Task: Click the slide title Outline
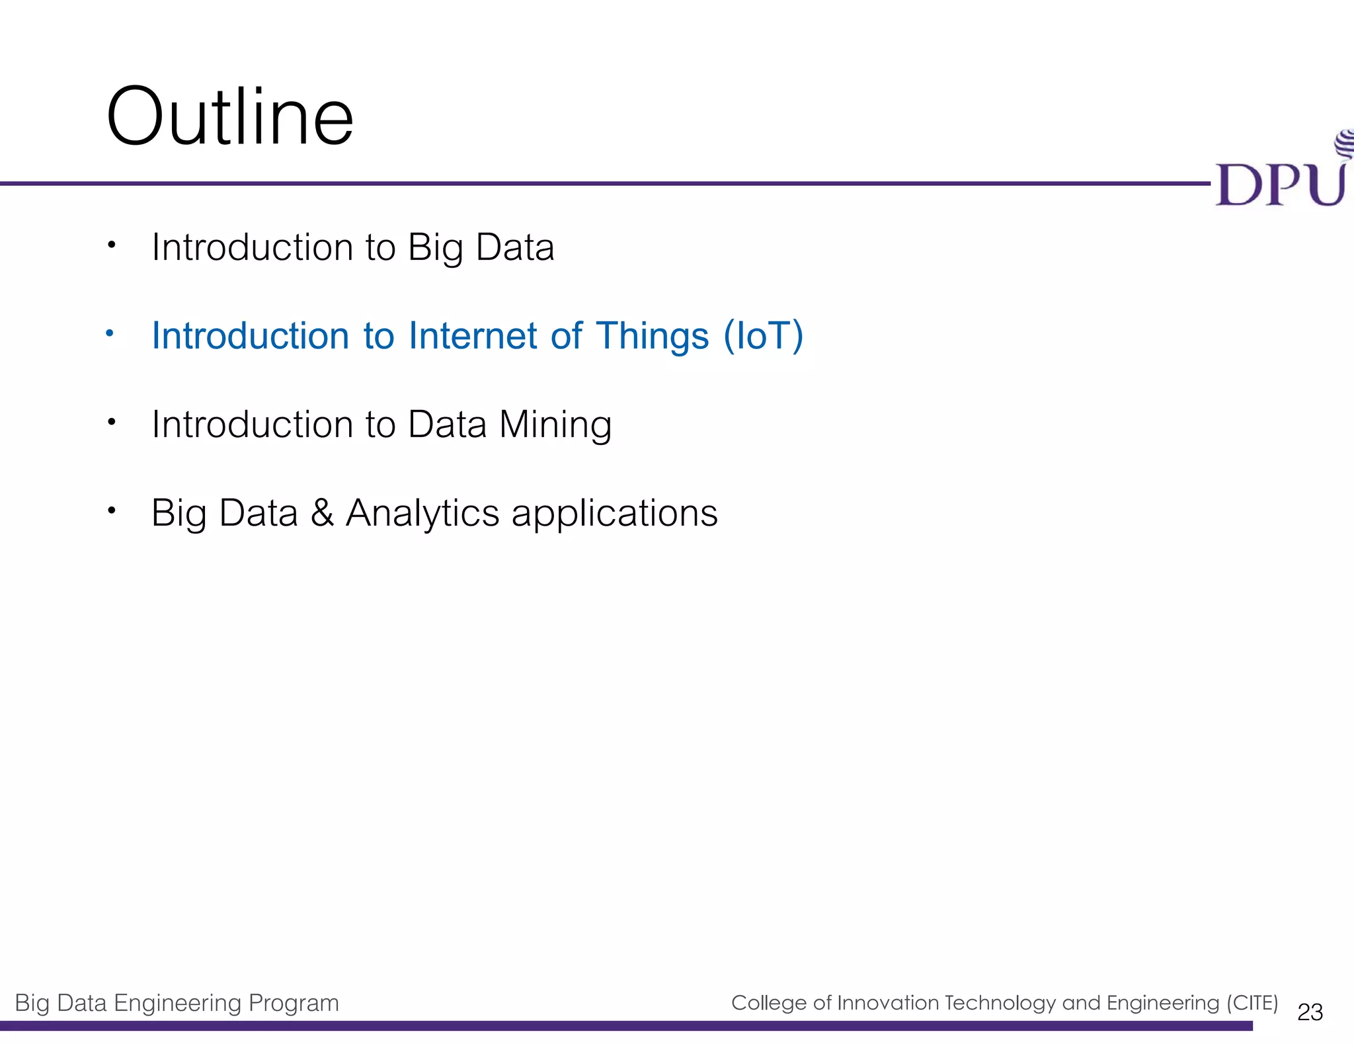pyautogui.click(x=229, y=118)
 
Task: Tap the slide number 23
pyautogui.click(x=1310, y=1012)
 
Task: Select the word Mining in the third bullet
pyautogui.click(x=555, y=424)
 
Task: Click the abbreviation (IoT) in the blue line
pyautogui.click(x=763, y=335)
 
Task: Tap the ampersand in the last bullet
pyautogui.click(x=322, y=512)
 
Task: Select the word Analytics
pyautogui.click(x=422, y=513)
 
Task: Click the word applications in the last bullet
pyautogui.click(x=614, y=514)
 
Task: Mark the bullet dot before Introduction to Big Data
pyautogui.click(x=112, y=245)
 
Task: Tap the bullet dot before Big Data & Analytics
pyautogui.click(x=112, y=510)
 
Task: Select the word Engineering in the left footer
pyautogui.click(x=177, y=1003)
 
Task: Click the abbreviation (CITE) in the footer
pyautogui.click(x=1252, y=1002)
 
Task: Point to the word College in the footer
pyautogui.click(x=769, y=1002)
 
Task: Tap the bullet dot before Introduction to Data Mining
pyautogui.click(x=112, y=421)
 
